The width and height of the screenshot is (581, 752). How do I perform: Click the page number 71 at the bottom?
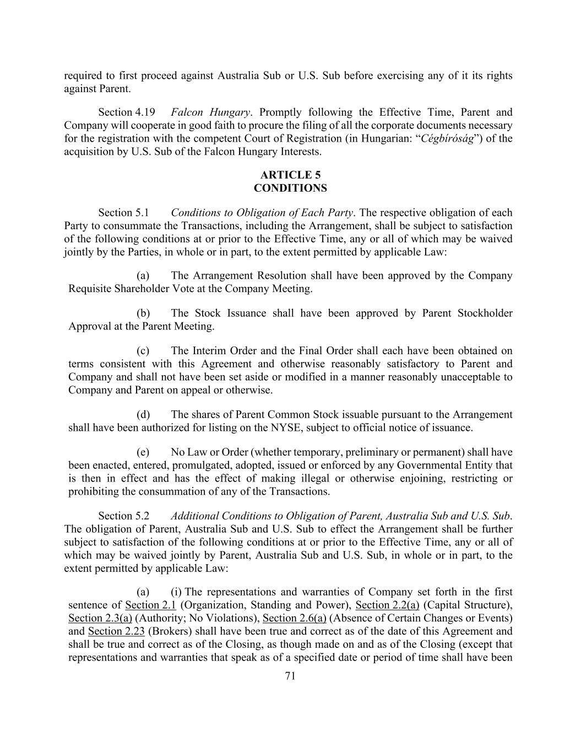(x=290, y=676)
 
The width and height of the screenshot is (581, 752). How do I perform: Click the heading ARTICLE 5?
(x=290, y=175)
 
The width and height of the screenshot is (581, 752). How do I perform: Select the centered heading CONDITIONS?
(x=290, y=188)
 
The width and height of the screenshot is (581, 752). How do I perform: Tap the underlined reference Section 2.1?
(x=150, y=605)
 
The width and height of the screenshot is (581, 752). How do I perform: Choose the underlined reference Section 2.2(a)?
(x=388, y=605)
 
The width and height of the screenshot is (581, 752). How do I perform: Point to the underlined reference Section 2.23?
(x=116, y=632)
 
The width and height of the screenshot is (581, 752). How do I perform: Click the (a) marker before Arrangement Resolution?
(x=143, y=275)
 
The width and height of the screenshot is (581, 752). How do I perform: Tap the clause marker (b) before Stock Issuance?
(x=143, y=313)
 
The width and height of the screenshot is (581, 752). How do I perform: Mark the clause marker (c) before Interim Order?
(x=143, y=351)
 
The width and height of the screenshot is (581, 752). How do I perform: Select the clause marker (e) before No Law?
(x=143, y=452)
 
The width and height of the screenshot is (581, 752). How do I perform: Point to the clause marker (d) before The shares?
(x=143, y=415)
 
